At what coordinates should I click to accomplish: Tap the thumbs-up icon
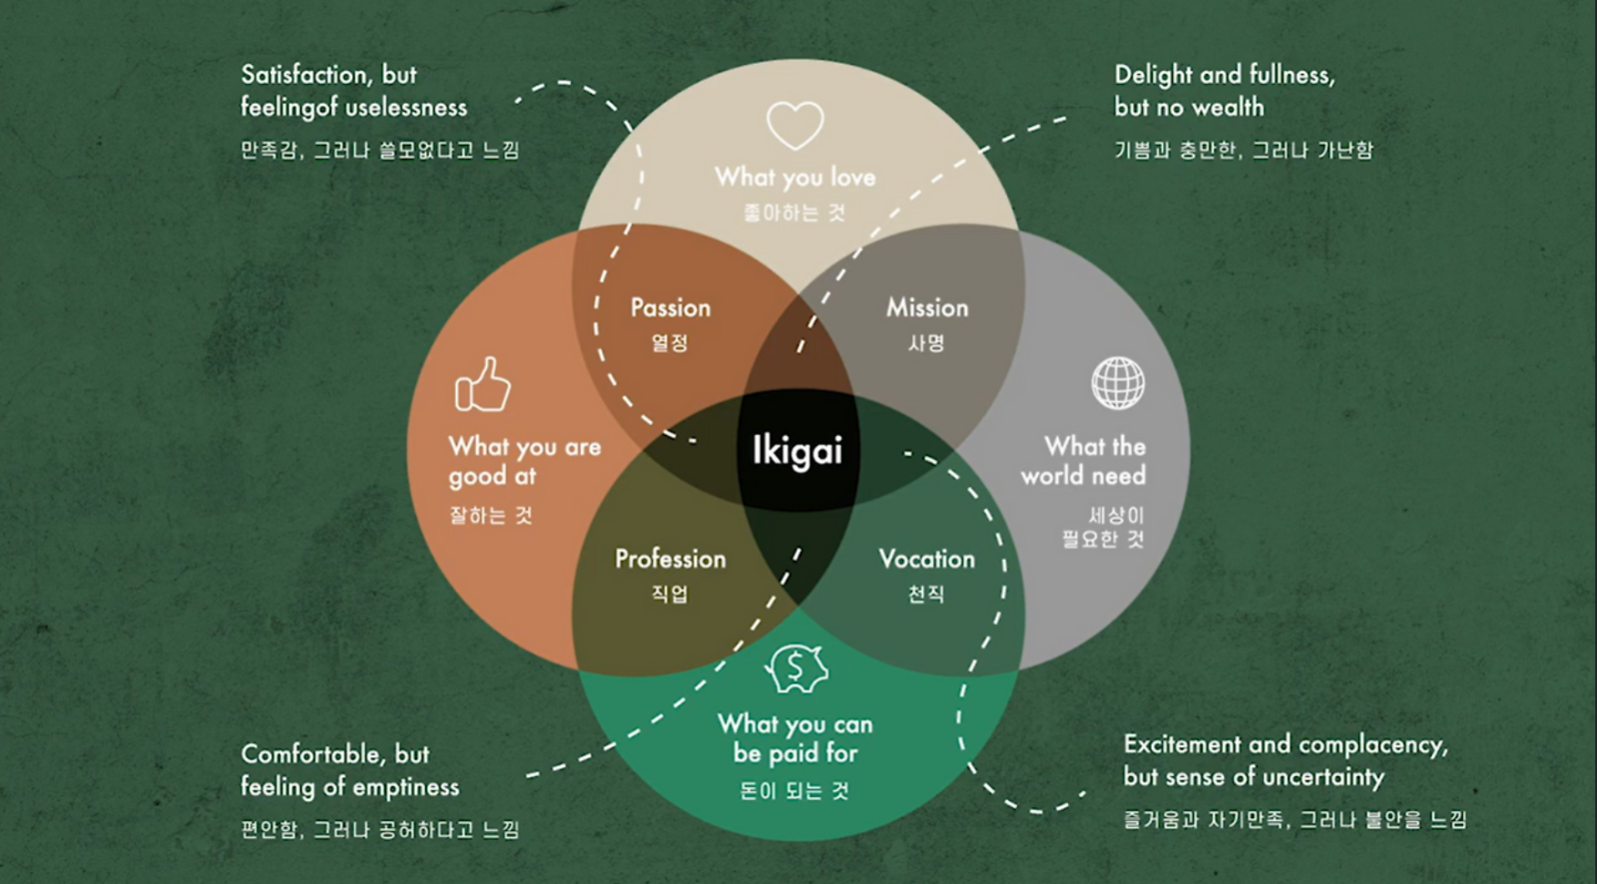[x=483, y=385]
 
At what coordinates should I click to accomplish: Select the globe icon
[x=1118, y=383]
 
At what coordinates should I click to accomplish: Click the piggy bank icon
[x=797, y=668]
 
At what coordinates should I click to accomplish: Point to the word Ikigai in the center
[x=798, y=451]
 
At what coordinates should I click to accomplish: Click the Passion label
[x=670, y=308]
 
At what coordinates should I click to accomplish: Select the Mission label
[x=927, y=308]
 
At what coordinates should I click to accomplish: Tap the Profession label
[x=670, y=559]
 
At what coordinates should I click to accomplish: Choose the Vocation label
[x=927, y=559]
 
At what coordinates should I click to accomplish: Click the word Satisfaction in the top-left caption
[x=305, y=75]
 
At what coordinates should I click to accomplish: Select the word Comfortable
[x=309, y=754]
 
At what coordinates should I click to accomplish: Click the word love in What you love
[x=852, y=177]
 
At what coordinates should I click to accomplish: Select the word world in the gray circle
[x=1052, y=476]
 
